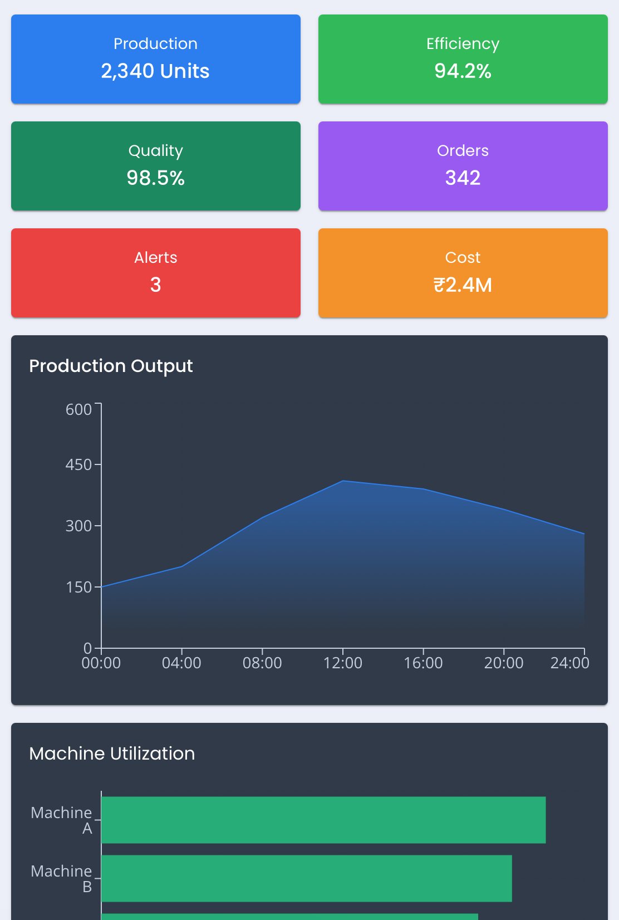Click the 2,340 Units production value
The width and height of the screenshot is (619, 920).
(155, 71)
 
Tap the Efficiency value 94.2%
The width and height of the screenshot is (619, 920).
(463, 71)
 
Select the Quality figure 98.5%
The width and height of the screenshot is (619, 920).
(155, 178)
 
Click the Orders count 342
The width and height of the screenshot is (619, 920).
(463, 178)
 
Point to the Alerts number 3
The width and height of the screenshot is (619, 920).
(155, 285)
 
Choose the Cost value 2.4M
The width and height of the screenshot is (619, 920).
(463, 285)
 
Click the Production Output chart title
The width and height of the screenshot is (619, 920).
(111, 366)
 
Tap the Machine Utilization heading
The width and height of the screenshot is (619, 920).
(112, 753)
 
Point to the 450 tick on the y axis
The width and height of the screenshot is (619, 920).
(78, 464)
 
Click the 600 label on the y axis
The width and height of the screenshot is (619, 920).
(78, 409)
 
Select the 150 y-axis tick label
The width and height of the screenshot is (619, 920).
(78, 587)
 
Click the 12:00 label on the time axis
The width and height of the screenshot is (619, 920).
(343, 663)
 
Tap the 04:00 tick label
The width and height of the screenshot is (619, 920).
(181, 663)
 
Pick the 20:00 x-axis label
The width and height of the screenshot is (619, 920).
(504, 663)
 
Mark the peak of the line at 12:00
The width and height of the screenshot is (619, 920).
(343, 481)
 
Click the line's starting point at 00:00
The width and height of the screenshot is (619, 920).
(102, 587)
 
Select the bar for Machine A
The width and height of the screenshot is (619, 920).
(323, 820)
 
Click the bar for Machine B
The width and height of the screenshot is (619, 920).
(306, 878)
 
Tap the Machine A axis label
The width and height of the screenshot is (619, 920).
(61, 820)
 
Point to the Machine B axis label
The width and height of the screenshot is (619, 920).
(61, 879)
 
